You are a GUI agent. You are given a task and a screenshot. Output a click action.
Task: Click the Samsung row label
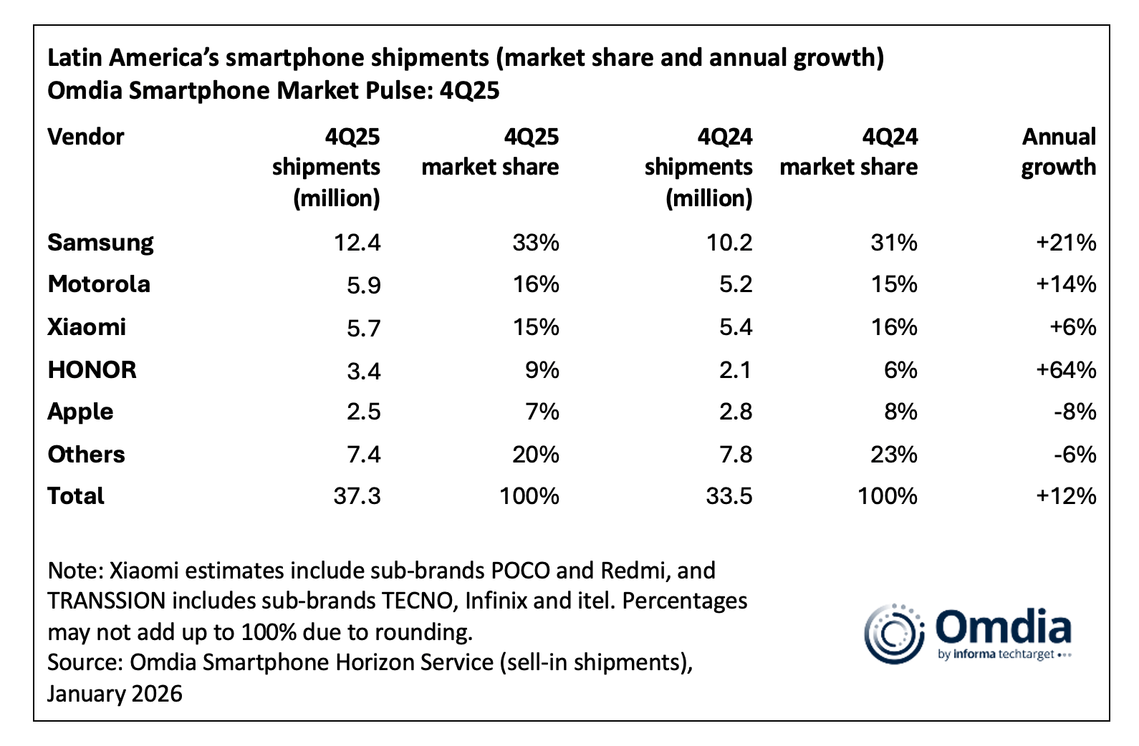[100, 243]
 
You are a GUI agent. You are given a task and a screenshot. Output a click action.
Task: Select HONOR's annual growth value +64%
[1066, 370]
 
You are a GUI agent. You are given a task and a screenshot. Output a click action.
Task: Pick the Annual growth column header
[1058, 152]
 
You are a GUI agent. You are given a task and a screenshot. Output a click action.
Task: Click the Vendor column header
[85, 137]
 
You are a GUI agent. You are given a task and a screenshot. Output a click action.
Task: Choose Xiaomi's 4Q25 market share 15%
[535, 328]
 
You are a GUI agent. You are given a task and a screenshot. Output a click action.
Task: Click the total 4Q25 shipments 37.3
[357, 497]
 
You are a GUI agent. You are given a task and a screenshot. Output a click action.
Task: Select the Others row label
[86, 455]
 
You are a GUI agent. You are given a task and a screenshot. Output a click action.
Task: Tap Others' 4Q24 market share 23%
[894, 455]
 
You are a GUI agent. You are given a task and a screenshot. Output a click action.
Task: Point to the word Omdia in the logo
[1003, 627]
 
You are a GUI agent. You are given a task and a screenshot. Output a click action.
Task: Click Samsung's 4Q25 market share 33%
[535, 243]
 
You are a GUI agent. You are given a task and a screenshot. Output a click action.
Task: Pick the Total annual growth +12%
[1066, 497]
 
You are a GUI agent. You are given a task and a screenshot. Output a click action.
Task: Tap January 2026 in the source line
[115, 694]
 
